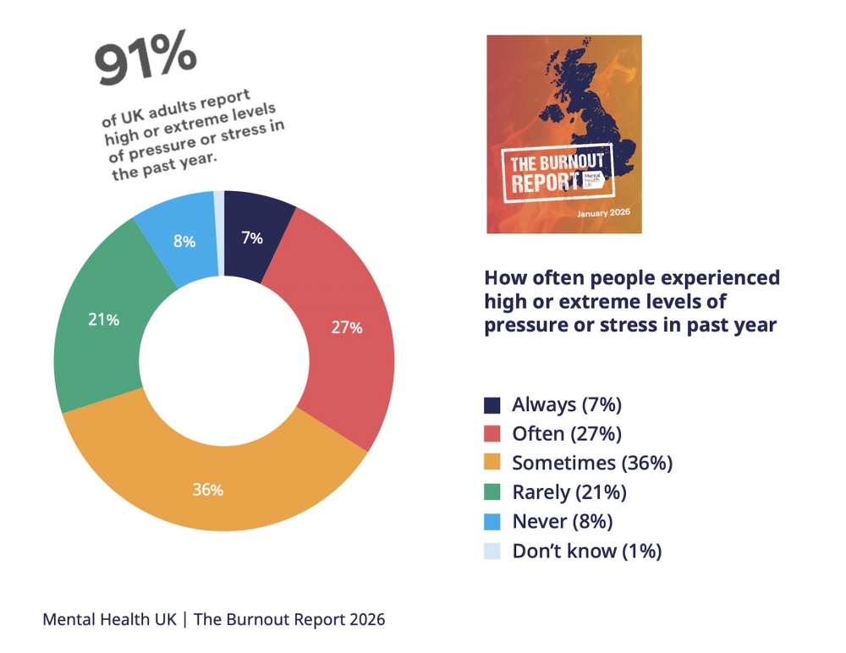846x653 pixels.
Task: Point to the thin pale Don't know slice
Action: click(219, 200)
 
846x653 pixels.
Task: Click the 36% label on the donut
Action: click(207, 490)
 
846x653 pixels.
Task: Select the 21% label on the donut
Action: click(104, 320)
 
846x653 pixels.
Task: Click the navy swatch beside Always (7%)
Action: click(492, 404)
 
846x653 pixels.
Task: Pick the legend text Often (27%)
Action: click(566, 434)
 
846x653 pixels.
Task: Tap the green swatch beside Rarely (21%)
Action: click(492, 492)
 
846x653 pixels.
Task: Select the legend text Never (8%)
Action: click(562, 521)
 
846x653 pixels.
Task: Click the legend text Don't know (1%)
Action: click(586, 551)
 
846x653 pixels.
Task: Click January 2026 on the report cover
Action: click(606, 214)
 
